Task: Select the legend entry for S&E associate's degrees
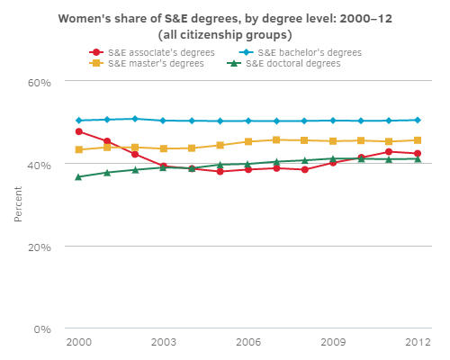[154, 52]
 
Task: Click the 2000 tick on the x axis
[79, 343]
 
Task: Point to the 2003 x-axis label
[163, 343]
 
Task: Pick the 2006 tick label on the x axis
[247, 343]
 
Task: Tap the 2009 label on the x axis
[332, 343]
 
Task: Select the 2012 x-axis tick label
[417, 343]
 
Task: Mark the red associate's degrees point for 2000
[79, 131]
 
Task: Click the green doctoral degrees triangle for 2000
[79, 177]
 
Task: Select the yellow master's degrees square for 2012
[417, 140]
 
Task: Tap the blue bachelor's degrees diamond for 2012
[417, 120]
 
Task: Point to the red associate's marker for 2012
[417, 154]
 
